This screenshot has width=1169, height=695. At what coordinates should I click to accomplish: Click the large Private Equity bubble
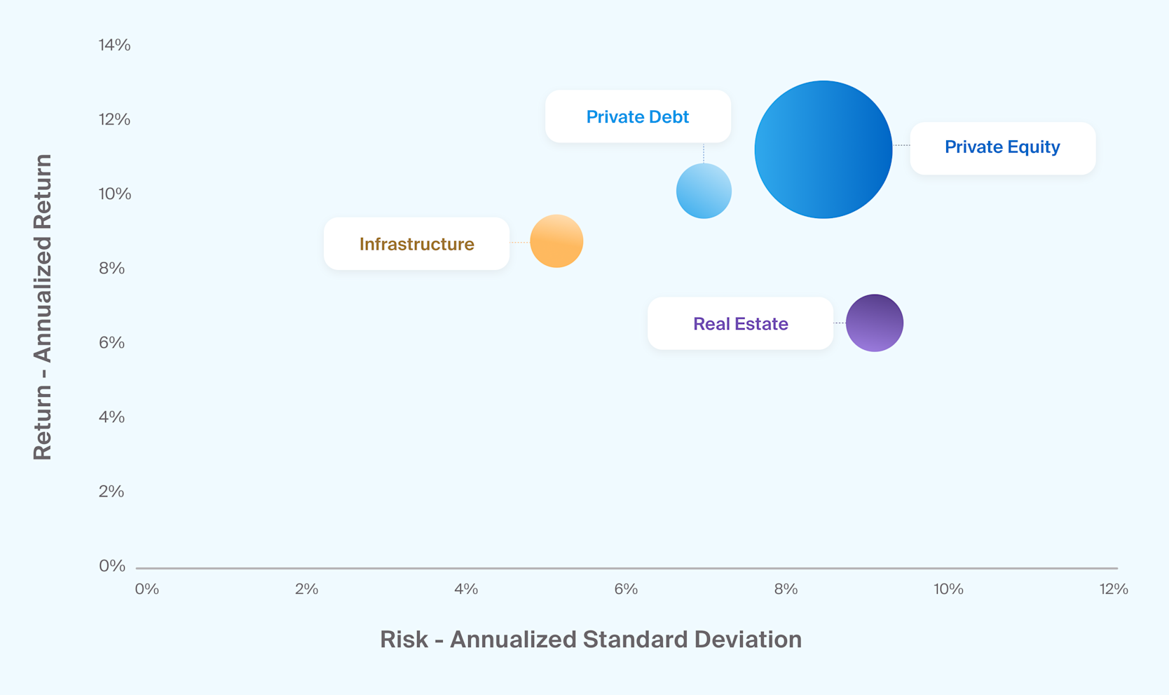click(823, 149)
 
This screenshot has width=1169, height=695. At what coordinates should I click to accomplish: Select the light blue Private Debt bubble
click(704, 191)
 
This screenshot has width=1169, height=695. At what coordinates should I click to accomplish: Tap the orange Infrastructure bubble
click(556, 241)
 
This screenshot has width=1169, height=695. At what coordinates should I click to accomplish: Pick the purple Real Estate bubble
click(874, 323)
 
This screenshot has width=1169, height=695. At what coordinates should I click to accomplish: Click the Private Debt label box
click(638, 116)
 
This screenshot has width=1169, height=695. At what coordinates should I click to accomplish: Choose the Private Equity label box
click(1002, 148)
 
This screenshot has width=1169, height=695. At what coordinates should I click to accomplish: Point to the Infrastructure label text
click(416, 244)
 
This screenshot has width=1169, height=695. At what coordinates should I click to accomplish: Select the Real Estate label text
click(740, 324)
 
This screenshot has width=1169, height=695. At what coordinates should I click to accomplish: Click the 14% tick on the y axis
click(114, 45)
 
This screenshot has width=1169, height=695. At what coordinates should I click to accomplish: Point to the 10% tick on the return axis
click(114, 194)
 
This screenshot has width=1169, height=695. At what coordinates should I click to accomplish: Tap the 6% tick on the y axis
click(112, 342)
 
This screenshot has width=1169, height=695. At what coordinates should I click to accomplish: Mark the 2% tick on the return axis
click(112, 491)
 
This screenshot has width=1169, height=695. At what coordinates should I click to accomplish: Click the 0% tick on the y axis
click(112, 565)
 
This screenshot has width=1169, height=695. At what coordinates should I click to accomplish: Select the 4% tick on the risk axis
click(466, 589)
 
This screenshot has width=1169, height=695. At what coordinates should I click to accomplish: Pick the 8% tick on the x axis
click(786, 589)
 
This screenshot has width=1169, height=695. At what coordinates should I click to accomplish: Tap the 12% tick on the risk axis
click(1114, 589)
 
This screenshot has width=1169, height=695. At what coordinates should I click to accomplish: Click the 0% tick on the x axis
click(146, 589)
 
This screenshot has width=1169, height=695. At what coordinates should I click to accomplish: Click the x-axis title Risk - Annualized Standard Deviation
click(590, 640)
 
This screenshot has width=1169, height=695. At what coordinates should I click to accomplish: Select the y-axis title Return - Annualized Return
click(43, 307)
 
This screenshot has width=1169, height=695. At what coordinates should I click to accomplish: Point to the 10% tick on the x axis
click(948, 589)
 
